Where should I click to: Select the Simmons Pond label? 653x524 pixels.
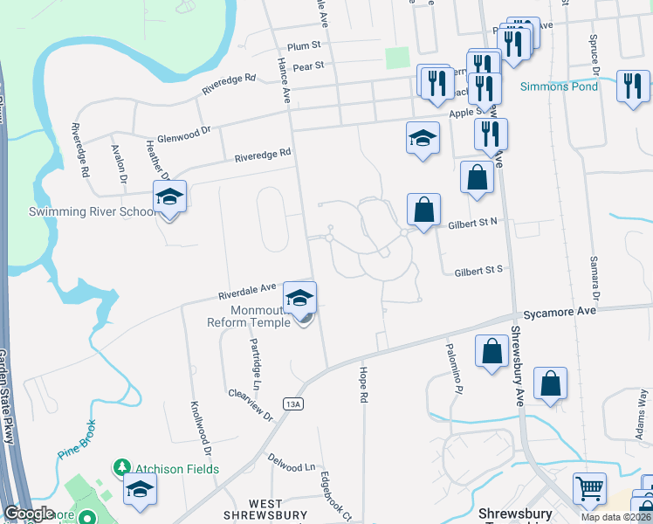pos(559,86)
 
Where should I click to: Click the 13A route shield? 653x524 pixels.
pos(293,403)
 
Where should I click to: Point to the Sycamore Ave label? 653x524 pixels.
pos(559,312)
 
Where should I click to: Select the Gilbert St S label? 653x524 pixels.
pos(478,271)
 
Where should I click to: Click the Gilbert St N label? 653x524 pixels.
pos(472,222)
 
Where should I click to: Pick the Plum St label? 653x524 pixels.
pos(305,45)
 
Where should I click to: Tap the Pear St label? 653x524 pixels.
pos(307,65)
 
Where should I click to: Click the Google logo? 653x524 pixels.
pos(29,514)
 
